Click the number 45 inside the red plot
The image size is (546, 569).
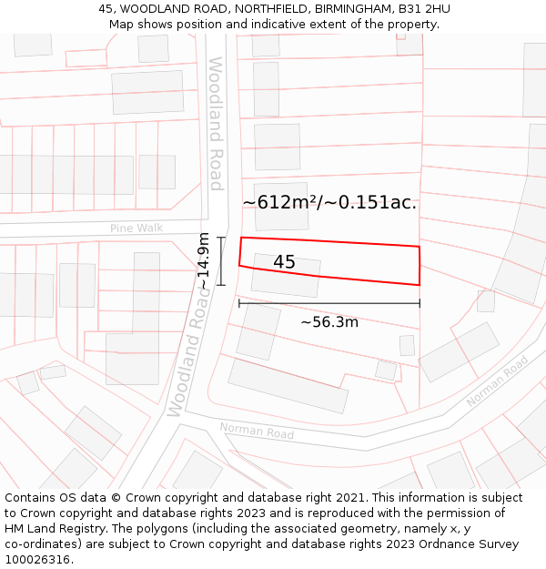pos(284,262)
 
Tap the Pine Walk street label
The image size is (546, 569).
pos(136,228)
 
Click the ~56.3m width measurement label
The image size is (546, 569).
pos(329,321)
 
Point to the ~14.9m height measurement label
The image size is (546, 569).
pos(204,261)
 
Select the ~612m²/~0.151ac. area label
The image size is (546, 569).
pos(329,202)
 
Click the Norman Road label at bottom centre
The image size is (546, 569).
pos(257,431)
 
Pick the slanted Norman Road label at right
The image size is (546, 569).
pos(497,381)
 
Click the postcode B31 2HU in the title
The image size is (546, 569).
pos(424,8)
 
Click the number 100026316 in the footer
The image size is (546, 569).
pos(37,559)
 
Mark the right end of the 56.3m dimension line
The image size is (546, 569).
pos(420,303)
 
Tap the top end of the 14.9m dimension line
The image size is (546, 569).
pos(221,238)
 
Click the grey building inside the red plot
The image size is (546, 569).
pos(286,275)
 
